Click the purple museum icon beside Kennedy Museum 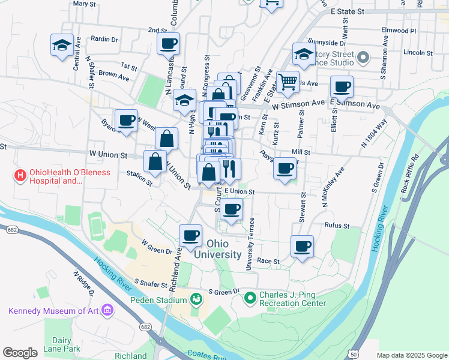[x=107, y=310]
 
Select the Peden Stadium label [x=160, y=300]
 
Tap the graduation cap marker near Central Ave [x=62, y=46]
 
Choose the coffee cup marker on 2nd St [x=168, y=44]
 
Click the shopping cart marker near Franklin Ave [x=288, y=82]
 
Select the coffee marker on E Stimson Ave [x=342, y=87]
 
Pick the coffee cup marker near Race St [x=303, y=246]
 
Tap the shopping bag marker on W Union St [x=155, y=161]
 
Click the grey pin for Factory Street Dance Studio [x=363, y=58]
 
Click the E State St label [x=348, y=11]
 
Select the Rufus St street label [x=337, y=226]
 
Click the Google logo [x=20, y=353]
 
